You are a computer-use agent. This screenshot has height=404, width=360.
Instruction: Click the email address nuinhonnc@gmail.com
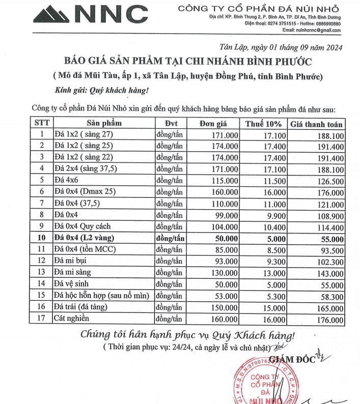coord(321,31)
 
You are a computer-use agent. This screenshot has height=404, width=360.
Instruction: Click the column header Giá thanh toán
coord(316,124)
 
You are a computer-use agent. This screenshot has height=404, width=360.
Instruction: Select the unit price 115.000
coord(224,180)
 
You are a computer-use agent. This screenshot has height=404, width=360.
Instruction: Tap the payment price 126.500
coord(329,181)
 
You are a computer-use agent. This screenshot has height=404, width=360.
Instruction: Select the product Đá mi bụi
coord(72,261)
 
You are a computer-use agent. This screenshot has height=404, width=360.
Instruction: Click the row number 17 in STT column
coord(42,319)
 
